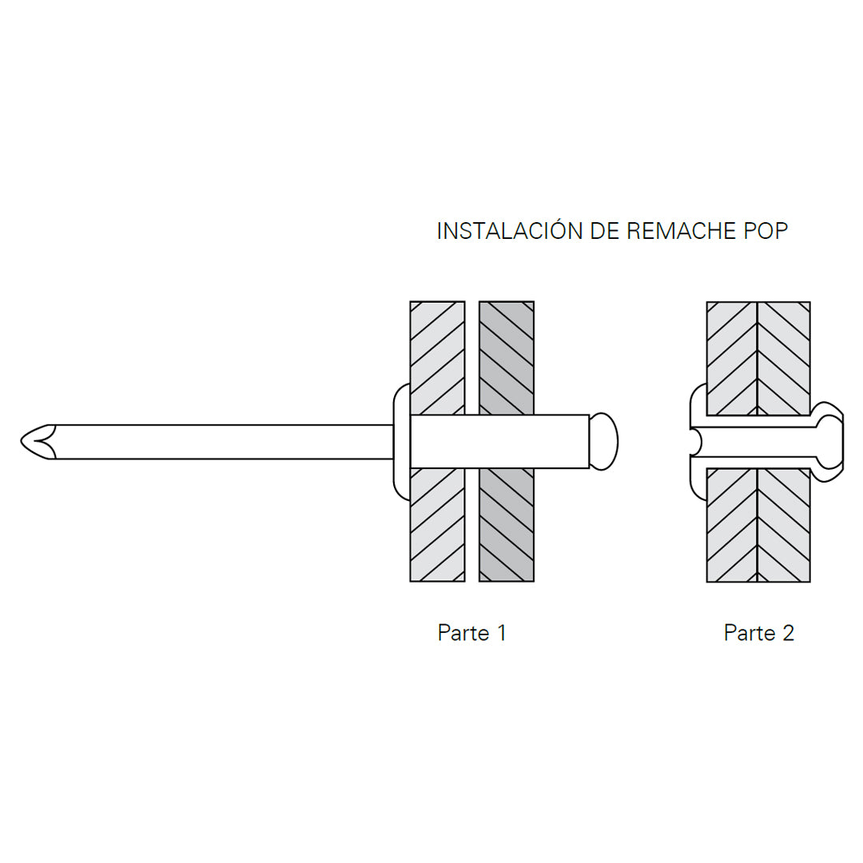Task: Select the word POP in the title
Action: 766,231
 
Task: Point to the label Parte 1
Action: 471,633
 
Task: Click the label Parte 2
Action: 758,633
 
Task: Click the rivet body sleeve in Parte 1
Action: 499,441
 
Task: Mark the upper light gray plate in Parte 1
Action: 437,356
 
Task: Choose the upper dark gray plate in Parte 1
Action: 507,356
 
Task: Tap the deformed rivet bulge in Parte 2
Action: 829,441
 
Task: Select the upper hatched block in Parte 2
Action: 758,358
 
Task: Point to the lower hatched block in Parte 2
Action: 758,526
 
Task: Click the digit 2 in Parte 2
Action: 788,633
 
